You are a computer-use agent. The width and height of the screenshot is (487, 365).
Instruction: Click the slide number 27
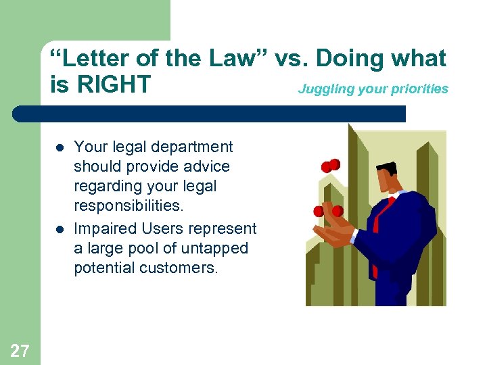click(x=20, y=349)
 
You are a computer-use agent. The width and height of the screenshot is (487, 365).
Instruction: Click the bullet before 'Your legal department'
click(x=60, y=147)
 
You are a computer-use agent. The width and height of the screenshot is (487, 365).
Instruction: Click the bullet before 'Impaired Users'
click(x=60, y=229)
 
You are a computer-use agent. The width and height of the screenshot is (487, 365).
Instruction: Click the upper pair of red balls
click(x=330, y=166)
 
